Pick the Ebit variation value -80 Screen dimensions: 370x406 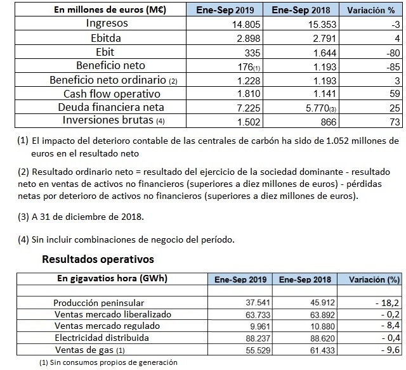click(391, 52)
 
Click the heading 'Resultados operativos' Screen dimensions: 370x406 click(98, 259)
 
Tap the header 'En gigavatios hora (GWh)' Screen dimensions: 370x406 click(108, 278)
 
